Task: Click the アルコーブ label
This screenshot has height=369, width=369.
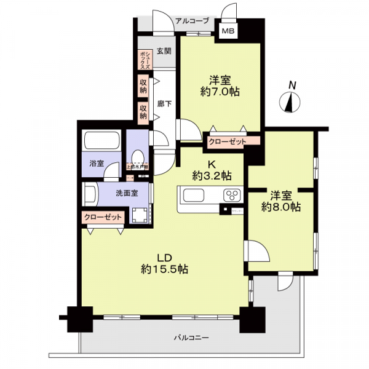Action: coord(192,21)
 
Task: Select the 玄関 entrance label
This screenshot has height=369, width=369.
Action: coord(163,51)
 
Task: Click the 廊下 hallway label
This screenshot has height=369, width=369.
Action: coord(164,104)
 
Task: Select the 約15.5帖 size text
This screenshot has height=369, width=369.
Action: coord(164,269)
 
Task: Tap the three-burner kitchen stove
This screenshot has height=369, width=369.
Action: coord(232,197)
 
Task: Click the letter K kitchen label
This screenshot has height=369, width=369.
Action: coord(210,164)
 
